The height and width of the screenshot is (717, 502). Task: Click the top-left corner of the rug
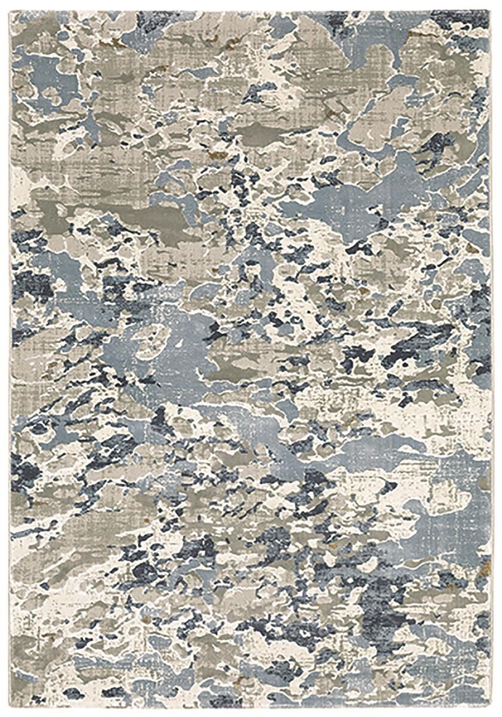[x=11, y=11]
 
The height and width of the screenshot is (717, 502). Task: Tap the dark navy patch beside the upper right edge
[x=442, y=143]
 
